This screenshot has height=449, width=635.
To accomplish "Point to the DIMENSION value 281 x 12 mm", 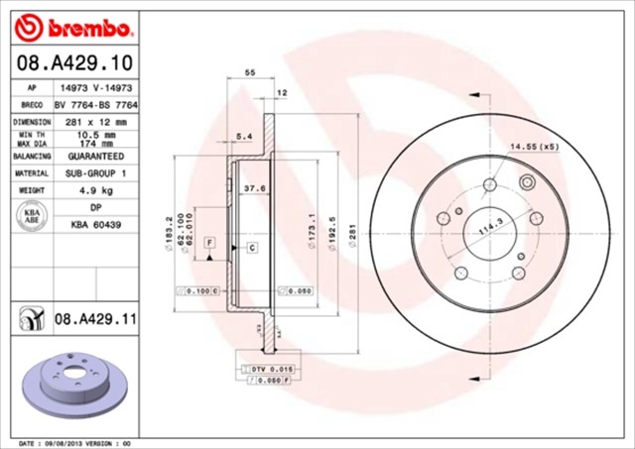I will click(95, 122).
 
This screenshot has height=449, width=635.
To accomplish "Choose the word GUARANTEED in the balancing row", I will click(95, 157).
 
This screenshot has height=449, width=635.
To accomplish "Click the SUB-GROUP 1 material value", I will click(95, 173).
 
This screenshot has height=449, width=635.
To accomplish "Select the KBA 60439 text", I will click(95, 226).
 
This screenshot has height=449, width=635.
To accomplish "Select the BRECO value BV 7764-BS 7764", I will click(95, 104).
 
